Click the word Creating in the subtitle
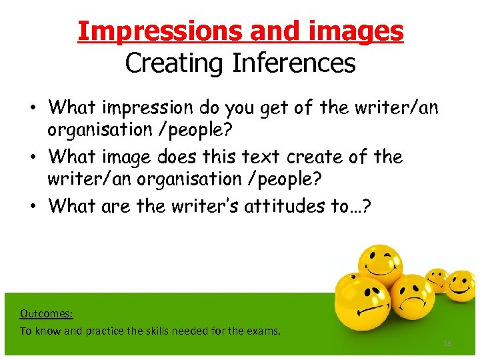coord(175,63)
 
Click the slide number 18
coord(447,343)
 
